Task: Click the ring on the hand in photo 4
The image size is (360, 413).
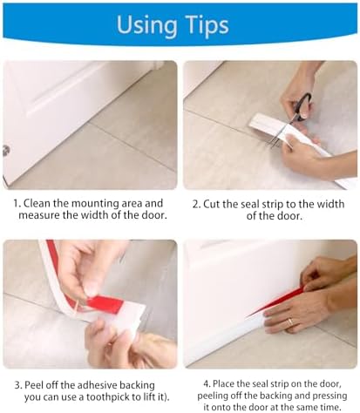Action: point(291,322)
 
